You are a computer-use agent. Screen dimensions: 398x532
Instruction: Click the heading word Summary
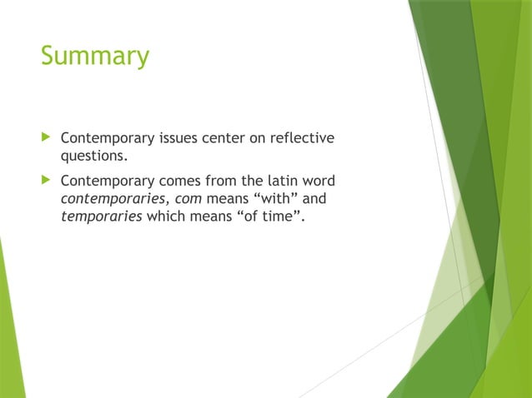94,57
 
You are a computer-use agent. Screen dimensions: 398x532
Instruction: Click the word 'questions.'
93,154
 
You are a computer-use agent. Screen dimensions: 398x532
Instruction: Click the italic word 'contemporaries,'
115,200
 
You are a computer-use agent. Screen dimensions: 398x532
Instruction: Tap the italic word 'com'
189,200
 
